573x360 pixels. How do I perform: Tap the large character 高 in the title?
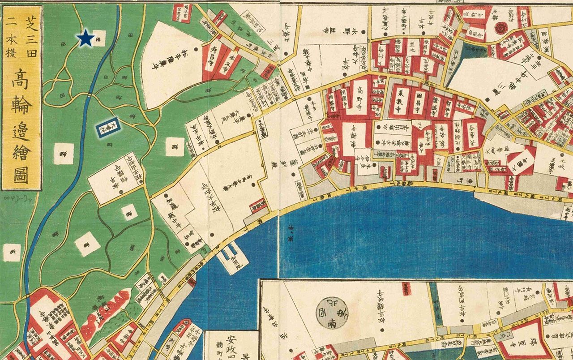[x=22, y=80]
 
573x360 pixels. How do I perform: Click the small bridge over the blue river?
[x=90, y=94]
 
